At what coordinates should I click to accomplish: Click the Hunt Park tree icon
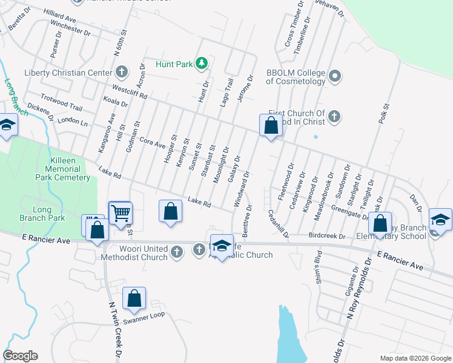coord(200,63)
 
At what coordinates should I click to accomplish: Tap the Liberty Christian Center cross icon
coord(121,73)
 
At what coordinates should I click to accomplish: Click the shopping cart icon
coord(121,213)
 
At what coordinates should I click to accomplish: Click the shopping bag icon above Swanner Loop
coord(134,299)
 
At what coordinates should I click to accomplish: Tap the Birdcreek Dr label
coord(326,236)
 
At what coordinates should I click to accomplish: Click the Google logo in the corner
coord(20,356)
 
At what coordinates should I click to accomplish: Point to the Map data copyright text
coord(415,358)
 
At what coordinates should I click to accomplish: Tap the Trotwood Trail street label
coord(61,102)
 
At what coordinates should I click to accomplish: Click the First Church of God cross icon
coord(334,117)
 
